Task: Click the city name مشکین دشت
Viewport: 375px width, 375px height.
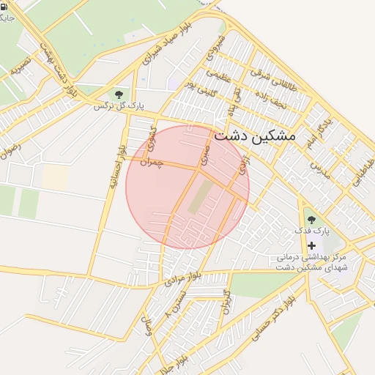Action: point(255,137)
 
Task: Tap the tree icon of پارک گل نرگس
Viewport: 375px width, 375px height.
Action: point(118,94)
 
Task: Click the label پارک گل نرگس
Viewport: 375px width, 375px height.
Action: point(118,106)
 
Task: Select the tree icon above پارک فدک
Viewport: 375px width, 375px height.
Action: point(312,219)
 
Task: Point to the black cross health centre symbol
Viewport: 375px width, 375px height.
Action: point(313,245)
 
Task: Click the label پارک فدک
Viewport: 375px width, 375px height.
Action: point(313,231)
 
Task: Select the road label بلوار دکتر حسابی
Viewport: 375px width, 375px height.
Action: point(269,319)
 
